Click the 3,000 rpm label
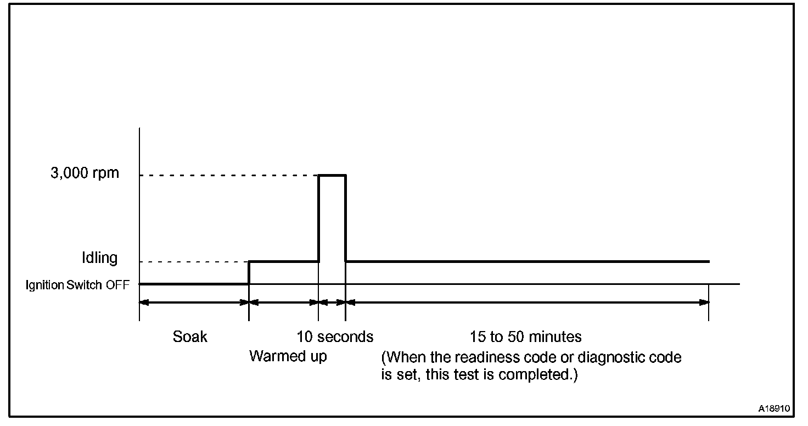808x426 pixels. (x=85, y=173)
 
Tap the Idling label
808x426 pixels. (x=99, y=258)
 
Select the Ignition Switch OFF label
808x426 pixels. (x=78, y=285)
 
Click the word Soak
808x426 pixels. (x=190, y=336)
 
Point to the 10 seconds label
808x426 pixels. (x=335, y=336)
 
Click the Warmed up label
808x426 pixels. (x=288, y=356)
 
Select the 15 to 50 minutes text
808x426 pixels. (x=525, y=336)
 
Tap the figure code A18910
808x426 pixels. (x=774, y=409)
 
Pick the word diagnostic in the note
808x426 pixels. (x=619, y=358)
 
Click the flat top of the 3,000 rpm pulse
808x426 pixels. (x=332, y=175)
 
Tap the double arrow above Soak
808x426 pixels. (x=194, y=302)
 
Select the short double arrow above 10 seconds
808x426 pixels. (x=332, y=302)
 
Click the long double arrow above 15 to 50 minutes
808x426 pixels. (x=527, y=302)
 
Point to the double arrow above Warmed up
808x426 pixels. (x=284, y=302)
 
